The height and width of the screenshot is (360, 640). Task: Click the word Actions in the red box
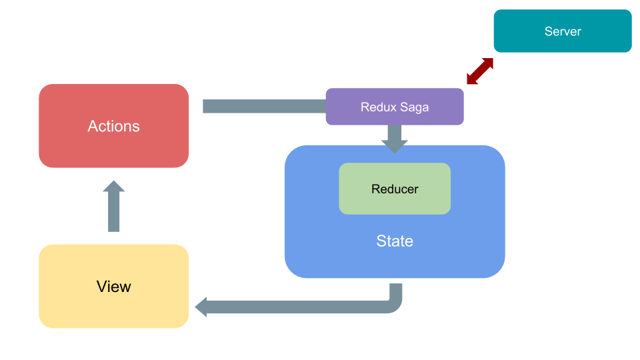point(113,126)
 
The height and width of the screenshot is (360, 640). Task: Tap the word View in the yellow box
point(113,287)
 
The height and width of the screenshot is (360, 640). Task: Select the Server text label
point(563,31)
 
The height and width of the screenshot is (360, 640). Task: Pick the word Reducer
point(395,189)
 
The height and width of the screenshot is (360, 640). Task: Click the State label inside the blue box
point(395,241)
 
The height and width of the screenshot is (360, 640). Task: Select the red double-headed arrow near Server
point(480,71)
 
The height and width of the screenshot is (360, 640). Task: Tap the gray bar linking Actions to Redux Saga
point(263,106)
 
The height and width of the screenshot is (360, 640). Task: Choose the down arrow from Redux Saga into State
point(395,138)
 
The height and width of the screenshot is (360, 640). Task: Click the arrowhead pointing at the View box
point(201,307)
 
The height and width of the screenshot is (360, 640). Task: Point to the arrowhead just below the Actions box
point(114,187)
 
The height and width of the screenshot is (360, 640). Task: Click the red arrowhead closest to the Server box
point(488,63)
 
